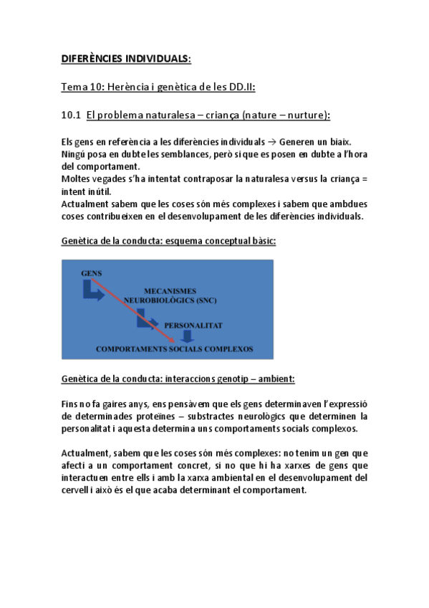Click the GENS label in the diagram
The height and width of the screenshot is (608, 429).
click(x=91, y=273)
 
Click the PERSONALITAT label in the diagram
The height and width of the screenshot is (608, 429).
click(x=193, y=325)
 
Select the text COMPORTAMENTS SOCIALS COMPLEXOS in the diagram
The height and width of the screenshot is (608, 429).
click(x=174, y=349)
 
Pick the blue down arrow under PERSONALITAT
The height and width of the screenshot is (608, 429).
click(x=187, y=336)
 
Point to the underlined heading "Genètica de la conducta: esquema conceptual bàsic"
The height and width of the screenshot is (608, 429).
click(x=168, y=242)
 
